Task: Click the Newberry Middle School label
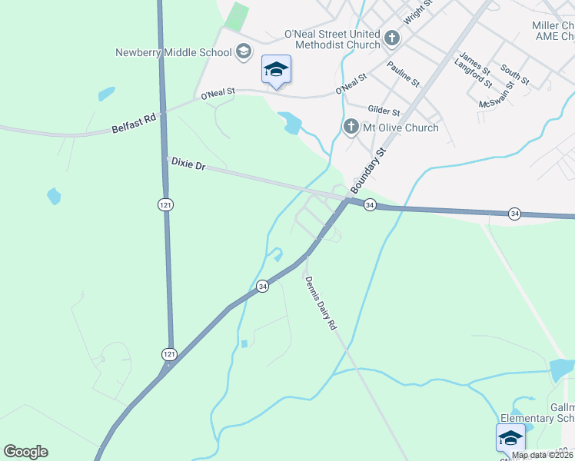coord(173,53)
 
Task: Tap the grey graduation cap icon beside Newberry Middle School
coord(244,52)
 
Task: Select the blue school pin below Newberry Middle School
coord(277,70)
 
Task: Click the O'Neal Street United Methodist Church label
coord(332,39)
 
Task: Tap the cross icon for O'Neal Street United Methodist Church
coord(391,38)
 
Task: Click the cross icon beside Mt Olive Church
coord(351,126)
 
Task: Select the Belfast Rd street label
coord(134,124)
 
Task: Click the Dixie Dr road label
coord(188,163)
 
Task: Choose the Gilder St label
coord(384,111)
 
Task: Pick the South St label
coord(514,75)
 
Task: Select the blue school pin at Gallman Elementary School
coord(510,438)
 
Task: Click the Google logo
coord(25,452)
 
